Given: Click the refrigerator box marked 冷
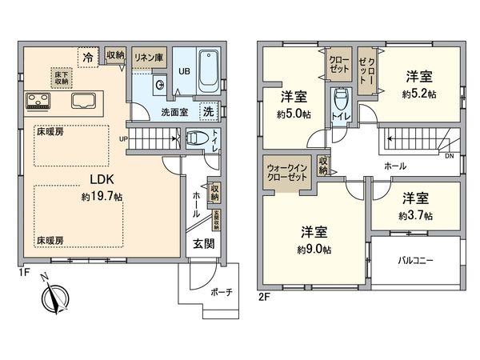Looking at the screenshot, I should (85, 56).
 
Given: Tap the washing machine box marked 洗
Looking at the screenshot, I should (207, 111).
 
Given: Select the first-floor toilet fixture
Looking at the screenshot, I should (194, 138).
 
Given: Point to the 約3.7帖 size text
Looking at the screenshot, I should (415, 216).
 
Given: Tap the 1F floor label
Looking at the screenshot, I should (26, 273).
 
